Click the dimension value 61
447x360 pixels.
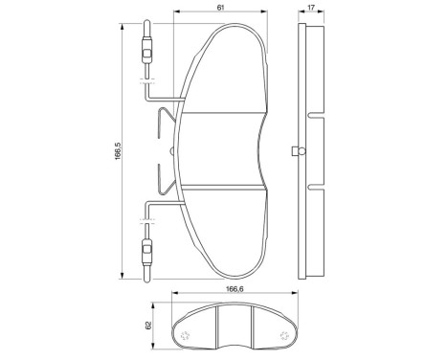pos(222,9)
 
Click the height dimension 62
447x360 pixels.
pos(150,326)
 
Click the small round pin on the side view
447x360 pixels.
pos(299,149)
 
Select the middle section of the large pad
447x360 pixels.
pos(222,150)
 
